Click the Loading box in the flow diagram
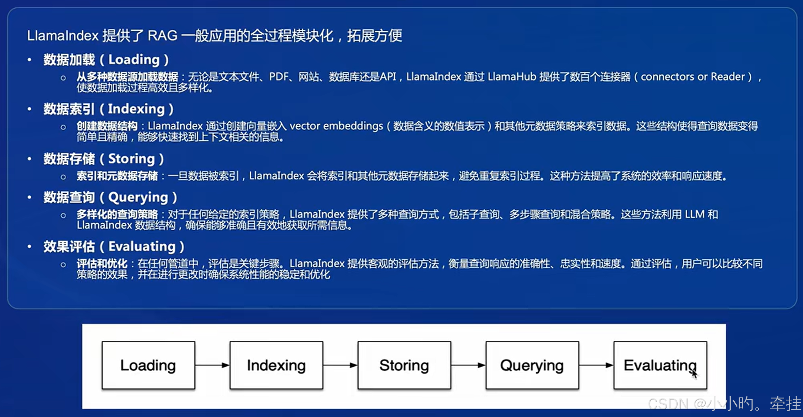pos(148,365)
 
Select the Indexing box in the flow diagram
pos(276,365)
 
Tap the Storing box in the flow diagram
pos(404,365)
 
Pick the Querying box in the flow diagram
pos(532,365)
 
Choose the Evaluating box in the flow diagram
pos(660,365)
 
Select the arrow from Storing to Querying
pos(468,365)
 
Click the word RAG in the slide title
pos(162,35)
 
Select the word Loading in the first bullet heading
pos(134,60)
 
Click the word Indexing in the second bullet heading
pos(136,109)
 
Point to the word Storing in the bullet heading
pos(132,159)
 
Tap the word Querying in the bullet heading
pos(138,197)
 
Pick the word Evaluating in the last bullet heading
pos(142,247)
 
